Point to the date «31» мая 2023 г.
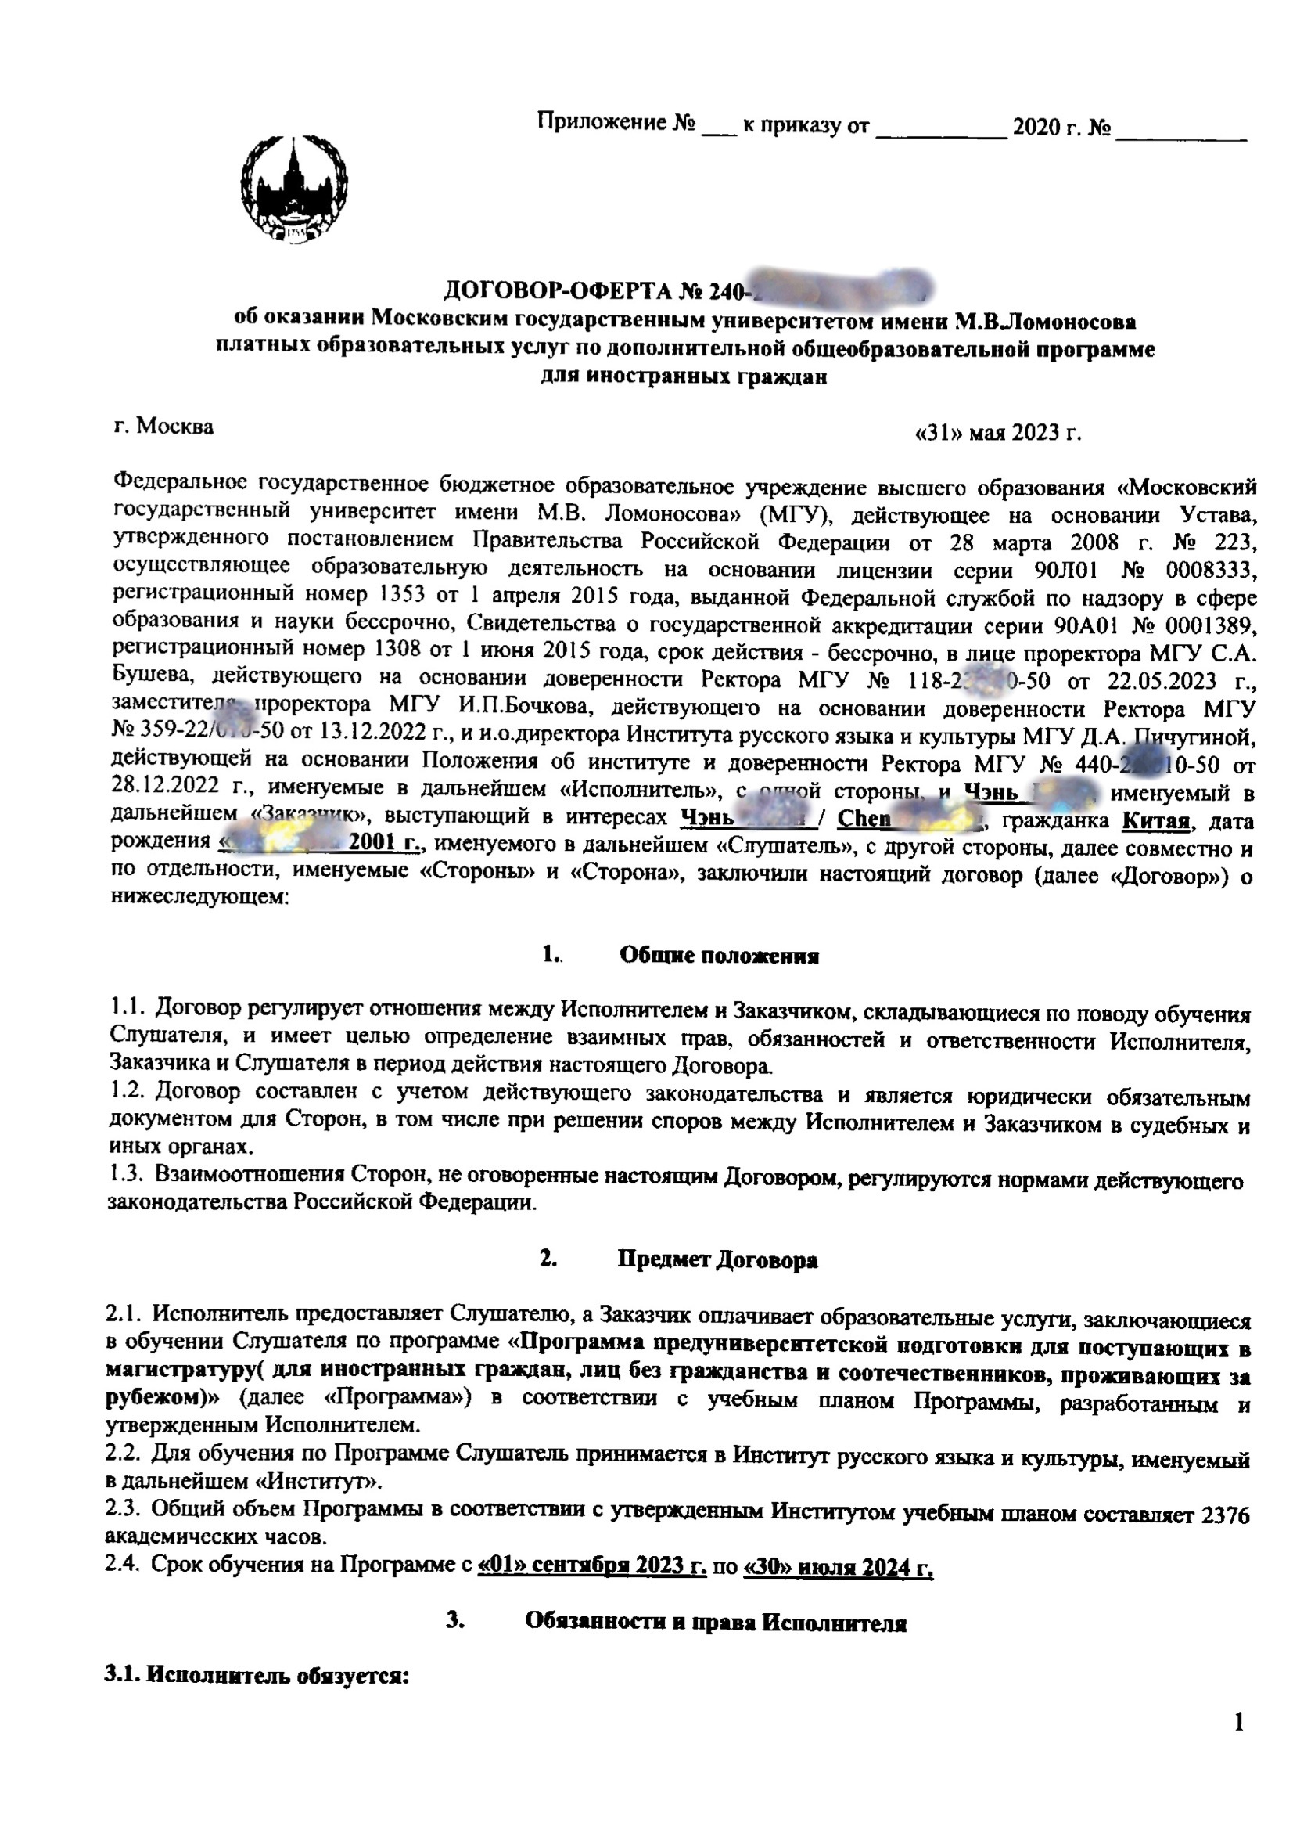click(x=999, y=433)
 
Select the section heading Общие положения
click(x=719, y=956)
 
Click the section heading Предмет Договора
click(x=717, y=1260)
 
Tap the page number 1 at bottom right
click(x=1238, y=1723)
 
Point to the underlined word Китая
click(x=1155, y=820)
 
